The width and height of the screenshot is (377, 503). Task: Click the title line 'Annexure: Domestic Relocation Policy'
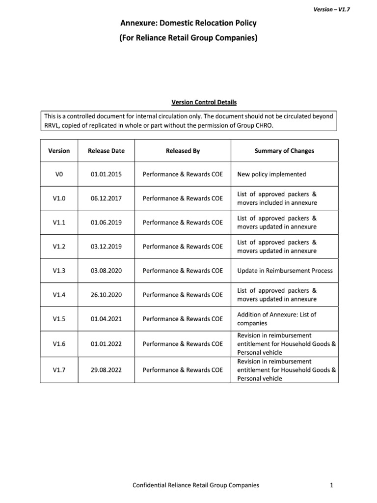tap(188, 23)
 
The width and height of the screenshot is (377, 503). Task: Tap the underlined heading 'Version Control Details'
tap(204, 102)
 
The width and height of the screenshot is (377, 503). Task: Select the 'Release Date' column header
tap(106, 151)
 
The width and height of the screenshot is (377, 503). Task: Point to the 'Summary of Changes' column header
tap(284, 151)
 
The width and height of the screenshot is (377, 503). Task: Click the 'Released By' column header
tap(183, 151)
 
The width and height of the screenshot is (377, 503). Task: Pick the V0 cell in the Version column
tap(58, 174)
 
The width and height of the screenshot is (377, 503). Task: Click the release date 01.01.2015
tap(106, 174)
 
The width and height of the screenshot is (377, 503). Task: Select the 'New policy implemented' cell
tap(271, 174)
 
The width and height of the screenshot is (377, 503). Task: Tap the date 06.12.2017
tap(106, 198)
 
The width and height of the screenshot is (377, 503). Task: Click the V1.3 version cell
tap(58, 271)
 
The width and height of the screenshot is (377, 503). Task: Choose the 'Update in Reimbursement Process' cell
tap(285, 271)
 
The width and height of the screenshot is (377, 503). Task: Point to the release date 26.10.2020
tap(106, 295)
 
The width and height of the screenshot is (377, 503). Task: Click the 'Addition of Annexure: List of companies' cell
tap(277, 319)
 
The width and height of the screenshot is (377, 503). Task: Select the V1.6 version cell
tap(58, 344)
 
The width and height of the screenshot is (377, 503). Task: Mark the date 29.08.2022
tap(106, 370)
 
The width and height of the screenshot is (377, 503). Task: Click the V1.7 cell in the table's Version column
tap(58, 370)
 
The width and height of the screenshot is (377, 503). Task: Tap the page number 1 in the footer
tap(332, 485)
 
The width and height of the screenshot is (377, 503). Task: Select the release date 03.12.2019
tap(106, 247)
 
